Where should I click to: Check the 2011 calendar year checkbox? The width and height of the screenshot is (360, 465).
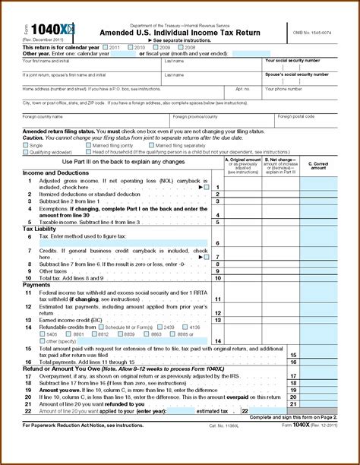pos(108,47)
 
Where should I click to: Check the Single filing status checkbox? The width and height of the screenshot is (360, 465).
pos(25,145)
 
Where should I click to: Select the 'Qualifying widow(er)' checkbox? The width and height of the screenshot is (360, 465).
pos(25,151)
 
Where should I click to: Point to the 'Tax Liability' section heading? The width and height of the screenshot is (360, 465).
pos(39,228)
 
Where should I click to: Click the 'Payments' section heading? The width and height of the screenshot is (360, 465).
pos(35,285)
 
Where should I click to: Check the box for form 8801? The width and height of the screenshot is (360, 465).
pos(70,334)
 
